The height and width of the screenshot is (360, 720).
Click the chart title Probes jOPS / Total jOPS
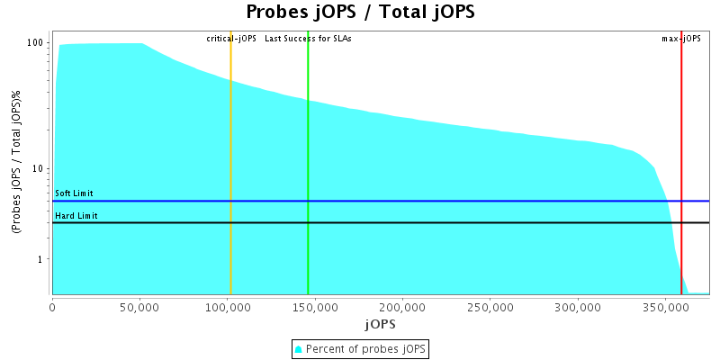coord(360,13)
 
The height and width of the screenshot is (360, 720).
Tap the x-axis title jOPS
coord(380,323)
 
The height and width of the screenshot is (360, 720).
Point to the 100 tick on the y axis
coord(37,43)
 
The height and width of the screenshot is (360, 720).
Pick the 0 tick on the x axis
coord(52,307)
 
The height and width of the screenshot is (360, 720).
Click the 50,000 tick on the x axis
coord(139,307)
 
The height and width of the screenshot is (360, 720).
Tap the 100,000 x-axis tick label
coord(227,307)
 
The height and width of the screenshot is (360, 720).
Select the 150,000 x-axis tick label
coord(314,307)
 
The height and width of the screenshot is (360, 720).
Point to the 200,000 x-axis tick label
coord(401,307)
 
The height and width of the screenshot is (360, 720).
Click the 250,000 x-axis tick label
coord(489,307)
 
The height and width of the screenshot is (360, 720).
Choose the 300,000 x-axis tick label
coord(576,307)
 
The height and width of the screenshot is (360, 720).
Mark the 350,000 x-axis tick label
coord(663,307)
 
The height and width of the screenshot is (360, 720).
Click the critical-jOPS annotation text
coord(231,39)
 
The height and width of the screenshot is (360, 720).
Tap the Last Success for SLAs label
coord(308,39)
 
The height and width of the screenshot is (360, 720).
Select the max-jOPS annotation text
coord(681,39)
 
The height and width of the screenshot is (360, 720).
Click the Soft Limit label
coord(74,193)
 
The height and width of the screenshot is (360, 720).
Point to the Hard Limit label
coord(76,216)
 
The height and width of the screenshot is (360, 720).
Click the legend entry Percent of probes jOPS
coord(360,348)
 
